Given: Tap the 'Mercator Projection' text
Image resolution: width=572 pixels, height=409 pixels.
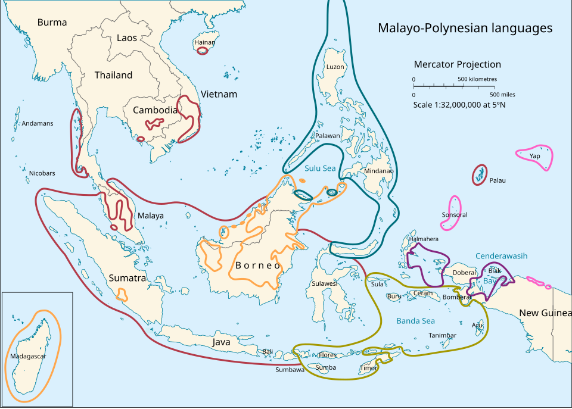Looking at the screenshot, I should (x=457, y=64).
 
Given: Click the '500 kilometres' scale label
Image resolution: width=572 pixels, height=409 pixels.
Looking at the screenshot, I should (x=477, y=79).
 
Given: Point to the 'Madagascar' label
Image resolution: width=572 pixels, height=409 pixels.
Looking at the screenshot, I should (x=27, y=357).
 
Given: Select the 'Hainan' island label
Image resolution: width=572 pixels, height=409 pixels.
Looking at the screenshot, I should (x=204, y=42).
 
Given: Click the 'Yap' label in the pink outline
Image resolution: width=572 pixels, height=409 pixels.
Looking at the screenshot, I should (x=534, y=156).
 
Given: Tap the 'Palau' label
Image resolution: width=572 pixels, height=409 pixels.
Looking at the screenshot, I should (x=497, y=180).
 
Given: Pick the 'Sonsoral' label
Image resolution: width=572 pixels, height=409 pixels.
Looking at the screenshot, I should (x=455, y=215).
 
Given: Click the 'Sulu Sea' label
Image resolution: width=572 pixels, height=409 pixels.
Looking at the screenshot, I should (x=320, y=168).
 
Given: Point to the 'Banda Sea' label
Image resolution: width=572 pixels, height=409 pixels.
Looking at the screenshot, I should (x=416, y=321).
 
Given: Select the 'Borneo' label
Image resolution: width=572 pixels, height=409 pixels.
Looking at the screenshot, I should (x=257, y=266).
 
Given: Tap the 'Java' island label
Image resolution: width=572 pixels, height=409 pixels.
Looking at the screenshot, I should (x=221, y=342).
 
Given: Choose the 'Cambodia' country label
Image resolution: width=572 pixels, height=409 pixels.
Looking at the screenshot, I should (x=155, y=110).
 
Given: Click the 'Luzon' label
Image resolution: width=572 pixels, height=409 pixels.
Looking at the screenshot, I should (x=335, y=67).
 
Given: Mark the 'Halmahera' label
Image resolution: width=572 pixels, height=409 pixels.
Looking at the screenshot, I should (x=424, y=239).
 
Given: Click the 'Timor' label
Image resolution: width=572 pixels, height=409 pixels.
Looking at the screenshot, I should (x=369, y=368).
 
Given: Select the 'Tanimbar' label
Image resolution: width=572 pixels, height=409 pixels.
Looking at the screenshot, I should (x=442, y=336).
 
